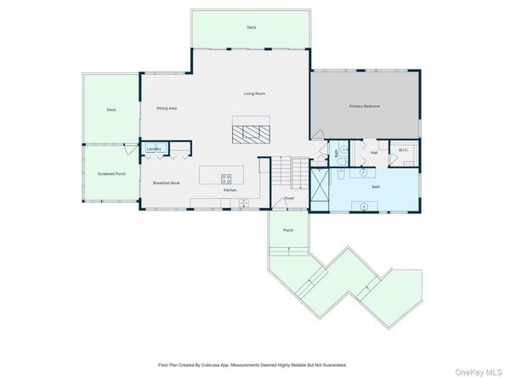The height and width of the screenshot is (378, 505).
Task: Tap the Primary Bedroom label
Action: (364, 106)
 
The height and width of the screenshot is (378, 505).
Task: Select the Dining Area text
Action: (167, 108)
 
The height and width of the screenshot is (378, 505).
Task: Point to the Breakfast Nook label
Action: (164, 183)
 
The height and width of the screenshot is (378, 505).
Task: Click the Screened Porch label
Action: (111, 173)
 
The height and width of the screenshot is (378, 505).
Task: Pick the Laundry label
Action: (153, 149)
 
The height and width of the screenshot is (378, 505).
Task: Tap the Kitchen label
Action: (230, 190)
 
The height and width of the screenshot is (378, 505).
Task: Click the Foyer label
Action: (289, 199)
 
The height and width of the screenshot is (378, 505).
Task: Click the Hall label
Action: (373, 153)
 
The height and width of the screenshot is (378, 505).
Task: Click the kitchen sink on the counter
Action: (243, 203)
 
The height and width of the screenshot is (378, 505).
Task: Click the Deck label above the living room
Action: (252, 27)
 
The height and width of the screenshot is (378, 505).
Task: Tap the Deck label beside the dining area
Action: (111, 110)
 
